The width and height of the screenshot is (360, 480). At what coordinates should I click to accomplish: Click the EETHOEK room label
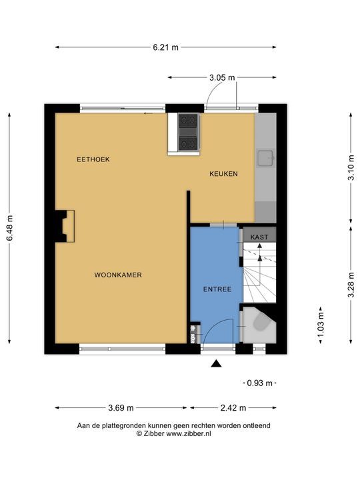[x=93, y=159]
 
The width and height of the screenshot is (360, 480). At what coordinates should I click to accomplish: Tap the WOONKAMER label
[x=118, y=275]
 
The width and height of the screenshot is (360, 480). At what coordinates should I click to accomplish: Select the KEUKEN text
[x=223, y=174]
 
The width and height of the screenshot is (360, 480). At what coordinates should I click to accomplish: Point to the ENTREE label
[x=217, y=289]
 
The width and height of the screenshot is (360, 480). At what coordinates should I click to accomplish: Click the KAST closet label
[x=259, y=237]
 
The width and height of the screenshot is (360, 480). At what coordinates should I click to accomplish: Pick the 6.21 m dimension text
[x=165, y=47]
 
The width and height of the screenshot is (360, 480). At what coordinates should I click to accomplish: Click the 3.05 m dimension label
[x=222, y=78]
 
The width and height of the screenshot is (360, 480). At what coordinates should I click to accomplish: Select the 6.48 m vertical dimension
[x=10, y=228]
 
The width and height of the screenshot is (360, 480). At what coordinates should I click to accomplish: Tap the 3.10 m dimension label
[x=351, y=168]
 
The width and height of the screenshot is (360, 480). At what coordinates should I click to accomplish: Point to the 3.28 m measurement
[x=351, y=285]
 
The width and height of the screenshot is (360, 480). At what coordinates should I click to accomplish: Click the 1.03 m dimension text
[x=321, y=325]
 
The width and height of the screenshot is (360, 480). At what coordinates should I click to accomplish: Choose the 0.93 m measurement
[x=259, y=383]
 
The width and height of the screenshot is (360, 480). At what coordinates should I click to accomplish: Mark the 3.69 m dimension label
[x=121, y=408]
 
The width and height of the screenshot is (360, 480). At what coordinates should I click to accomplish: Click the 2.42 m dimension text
[x=233, y=408]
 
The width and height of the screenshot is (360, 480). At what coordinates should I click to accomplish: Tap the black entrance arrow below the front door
[x=216, y=363]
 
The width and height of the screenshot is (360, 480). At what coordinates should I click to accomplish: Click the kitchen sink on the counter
[x=266, y=158]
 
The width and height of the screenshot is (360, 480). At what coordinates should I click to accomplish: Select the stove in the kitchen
[x=188, y=132]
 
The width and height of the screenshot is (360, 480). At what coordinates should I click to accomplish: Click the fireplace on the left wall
[x=65, y=226]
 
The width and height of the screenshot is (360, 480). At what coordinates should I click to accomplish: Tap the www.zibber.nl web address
[x=189, y=433]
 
